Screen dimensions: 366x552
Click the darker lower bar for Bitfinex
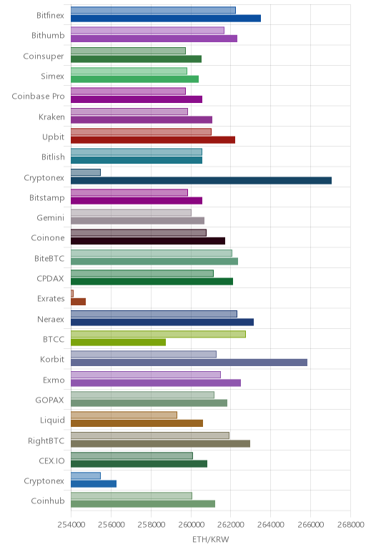(166, 19)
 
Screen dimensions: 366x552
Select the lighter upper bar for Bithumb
(147, 30)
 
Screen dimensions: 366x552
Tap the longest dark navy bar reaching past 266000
(201, 181)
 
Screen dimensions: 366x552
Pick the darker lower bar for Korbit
(189, 363)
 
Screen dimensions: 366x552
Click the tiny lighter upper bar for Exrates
(72, 293)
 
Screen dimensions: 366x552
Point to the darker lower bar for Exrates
(78, 302)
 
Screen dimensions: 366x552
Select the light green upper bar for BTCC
(158, 334)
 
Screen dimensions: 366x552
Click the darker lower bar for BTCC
(118, 342)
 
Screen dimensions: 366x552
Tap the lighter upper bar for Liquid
(124, 415)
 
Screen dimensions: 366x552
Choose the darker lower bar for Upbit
(153, 139)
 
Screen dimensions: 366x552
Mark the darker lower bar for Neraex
(162, 322)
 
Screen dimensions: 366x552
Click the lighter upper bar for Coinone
(139, 232)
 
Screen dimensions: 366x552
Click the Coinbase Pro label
(38, 96)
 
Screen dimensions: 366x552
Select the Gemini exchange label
(50, 218)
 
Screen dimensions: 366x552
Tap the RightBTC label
(46, 440)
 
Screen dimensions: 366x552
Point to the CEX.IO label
(51, 460)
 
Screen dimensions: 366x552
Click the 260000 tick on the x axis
(191, 525)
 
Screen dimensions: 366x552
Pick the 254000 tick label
(71, 525)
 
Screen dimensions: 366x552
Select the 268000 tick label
(350, 525)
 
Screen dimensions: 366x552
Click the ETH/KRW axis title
(210, 539)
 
